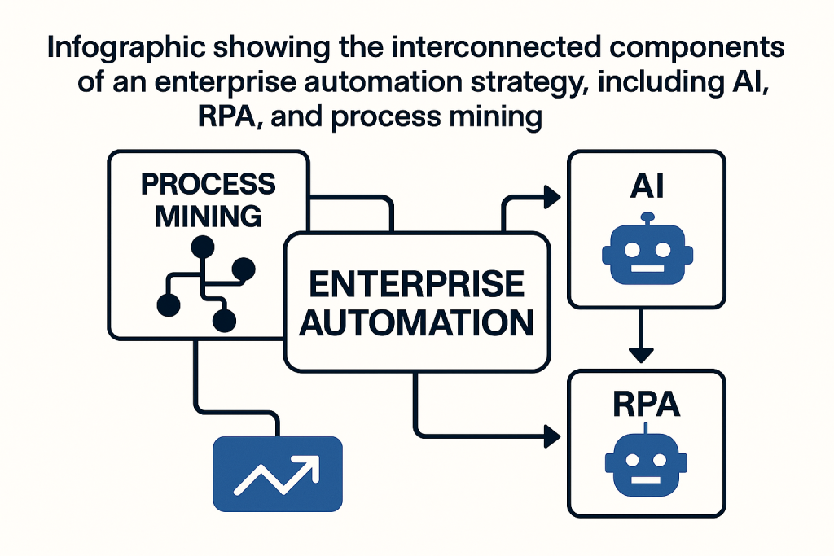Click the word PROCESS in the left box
click(208, 185)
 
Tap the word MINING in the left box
click(208, 216)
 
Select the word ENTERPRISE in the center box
click(417, 285)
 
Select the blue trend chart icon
click(277, 474)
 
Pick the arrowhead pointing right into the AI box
click(551, 196)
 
